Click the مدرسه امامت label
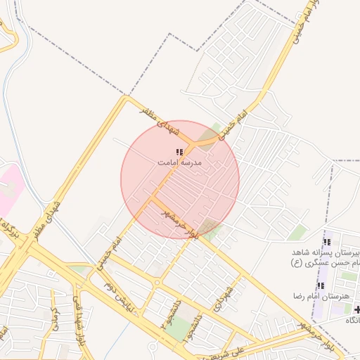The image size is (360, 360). (179, 162)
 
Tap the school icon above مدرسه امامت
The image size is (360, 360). (179, 152)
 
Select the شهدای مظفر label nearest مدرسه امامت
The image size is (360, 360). (161, 120)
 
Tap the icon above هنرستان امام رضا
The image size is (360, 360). (321, 285)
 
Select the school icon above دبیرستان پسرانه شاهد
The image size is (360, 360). (327, 242)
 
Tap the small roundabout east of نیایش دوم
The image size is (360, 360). (157, 283)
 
